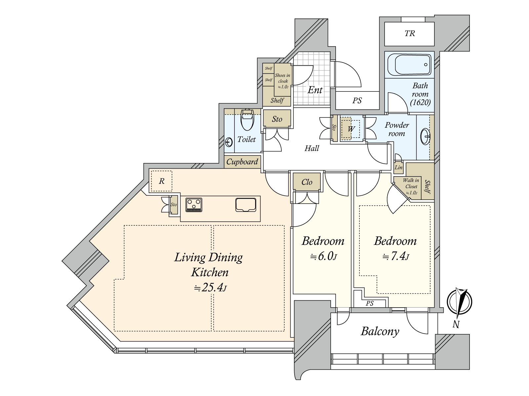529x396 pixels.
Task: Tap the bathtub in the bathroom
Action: tap(409, 64)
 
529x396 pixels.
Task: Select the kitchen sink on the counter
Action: tap(246, 205)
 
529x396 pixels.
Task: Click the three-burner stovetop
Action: tap(194, 205)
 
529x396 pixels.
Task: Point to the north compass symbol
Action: tap(459, 302)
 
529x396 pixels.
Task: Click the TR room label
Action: tap(410, 33)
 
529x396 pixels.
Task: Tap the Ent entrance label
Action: tap(315, 90)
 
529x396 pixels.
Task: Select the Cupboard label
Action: tap(242, 162)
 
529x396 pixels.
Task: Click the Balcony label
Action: tap(380, 332)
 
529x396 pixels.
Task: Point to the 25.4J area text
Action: tap(210, 287)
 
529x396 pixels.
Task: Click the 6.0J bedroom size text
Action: tap(323, 256)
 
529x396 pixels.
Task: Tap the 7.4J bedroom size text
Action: tap(396, 256)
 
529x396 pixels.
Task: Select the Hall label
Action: tap(312, 148)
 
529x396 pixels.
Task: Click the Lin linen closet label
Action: tap(398, 167)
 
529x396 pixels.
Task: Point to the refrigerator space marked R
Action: tap(161, 181)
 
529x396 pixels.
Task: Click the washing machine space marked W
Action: tap(351, 129)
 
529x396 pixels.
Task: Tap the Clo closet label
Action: tap(307, 182)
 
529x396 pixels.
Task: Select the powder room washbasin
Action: tap(426, 137)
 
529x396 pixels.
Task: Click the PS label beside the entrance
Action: tap(357, 100)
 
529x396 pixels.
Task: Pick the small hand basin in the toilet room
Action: tap(229, 142)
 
